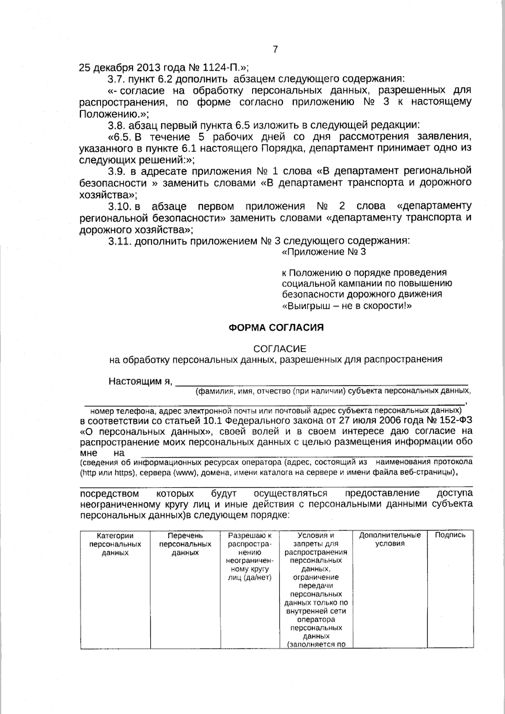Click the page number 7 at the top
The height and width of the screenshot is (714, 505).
(275, 50)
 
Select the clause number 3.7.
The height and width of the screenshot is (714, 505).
(117, 79)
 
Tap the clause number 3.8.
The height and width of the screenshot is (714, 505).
(117, 125)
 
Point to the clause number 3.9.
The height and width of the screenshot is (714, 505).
(117, 171)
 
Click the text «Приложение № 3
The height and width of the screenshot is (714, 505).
(323, 252)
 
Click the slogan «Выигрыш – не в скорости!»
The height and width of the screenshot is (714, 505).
(346, 306)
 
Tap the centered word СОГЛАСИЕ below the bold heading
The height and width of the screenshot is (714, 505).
(279, 349)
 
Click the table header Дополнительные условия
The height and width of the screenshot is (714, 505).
(389, 539)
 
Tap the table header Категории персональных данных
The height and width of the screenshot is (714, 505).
(115, 544)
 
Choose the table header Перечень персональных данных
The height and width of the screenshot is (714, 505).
(185, 544)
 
